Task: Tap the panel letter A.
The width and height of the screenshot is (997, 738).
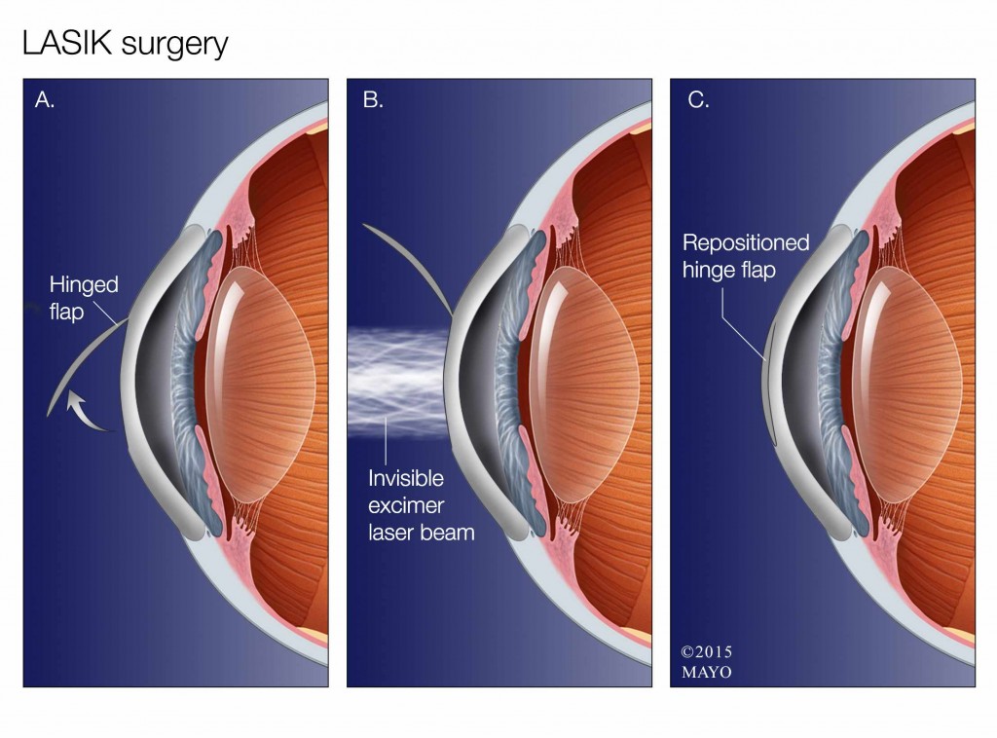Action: point(45,100)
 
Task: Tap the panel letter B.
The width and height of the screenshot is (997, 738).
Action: point(373,100)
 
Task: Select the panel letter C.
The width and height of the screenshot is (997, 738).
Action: point(698,100)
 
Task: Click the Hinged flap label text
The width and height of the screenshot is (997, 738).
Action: point(84,298)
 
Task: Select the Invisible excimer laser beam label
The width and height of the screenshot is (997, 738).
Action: point(421,505)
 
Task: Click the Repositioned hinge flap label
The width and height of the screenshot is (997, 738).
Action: point(745,256)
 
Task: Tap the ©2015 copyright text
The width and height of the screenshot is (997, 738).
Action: point(706,651)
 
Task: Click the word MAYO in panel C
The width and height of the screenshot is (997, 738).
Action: point(707,672)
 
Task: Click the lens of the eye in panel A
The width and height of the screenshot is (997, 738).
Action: point(261,384)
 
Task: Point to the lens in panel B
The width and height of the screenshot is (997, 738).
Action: point(584,384)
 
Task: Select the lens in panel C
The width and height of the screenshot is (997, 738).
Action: point(907,384)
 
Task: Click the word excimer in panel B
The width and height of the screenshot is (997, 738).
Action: point(406,506)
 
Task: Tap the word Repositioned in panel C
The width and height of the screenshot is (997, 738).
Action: point(746,243)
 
